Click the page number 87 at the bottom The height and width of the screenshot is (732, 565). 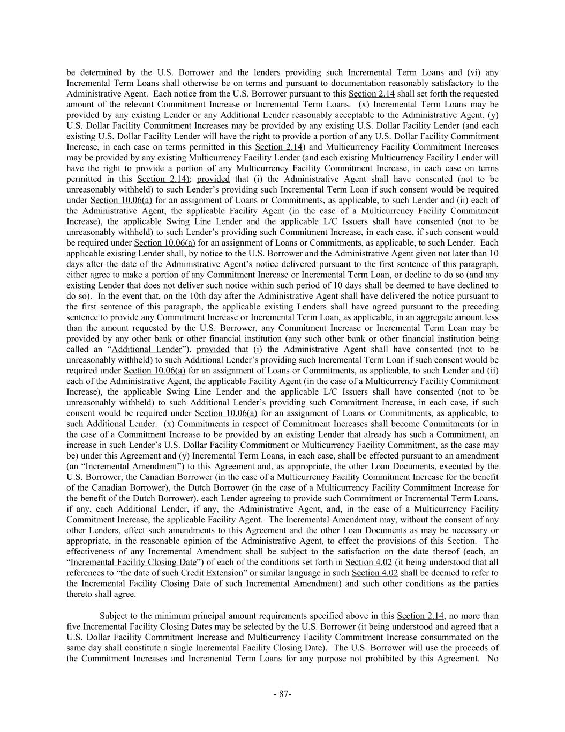(282, 694)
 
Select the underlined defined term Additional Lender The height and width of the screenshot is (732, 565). (147, 349)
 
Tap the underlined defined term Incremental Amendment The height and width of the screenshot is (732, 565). (131, 467)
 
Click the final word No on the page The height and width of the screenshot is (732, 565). (493, 658)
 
